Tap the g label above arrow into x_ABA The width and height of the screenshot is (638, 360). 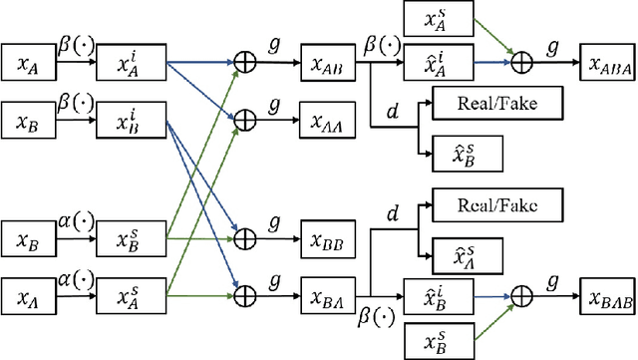tap(551, 46)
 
